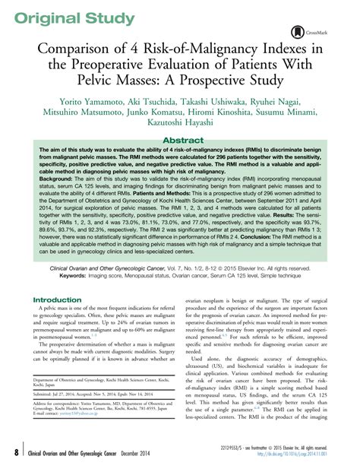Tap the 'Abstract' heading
tap(180, 141)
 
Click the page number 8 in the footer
tap(15, 454)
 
